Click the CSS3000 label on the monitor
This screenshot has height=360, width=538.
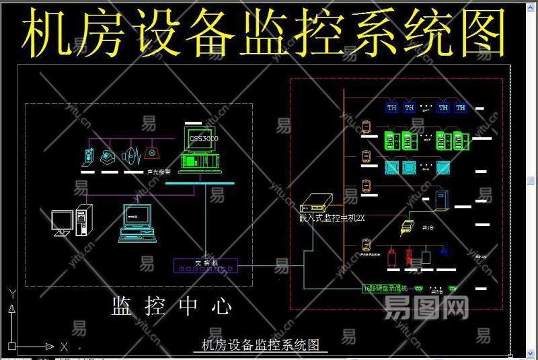[204, 138]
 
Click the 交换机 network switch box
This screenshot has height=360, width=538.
[206, 264]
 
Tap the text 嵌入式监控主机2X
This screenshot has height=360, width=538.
[332, 217]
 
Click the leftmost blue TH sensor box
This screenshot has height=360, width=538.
[391, 107]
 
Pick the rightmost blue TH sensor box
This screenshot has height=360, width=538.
[461, 107]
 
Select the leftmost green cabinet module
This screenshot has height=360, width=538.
[391, 140]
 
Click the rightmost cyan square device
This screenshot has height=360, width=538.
[443, 167]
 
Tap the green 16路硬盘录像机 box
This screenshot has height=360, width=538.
[386, 289]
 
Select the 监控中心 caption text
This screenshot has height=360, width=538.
[171, 307]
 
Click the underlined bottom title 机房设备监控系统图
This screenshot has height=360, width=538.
[260, 345]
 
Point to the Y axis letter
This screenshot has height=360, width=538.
[11, 293]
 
